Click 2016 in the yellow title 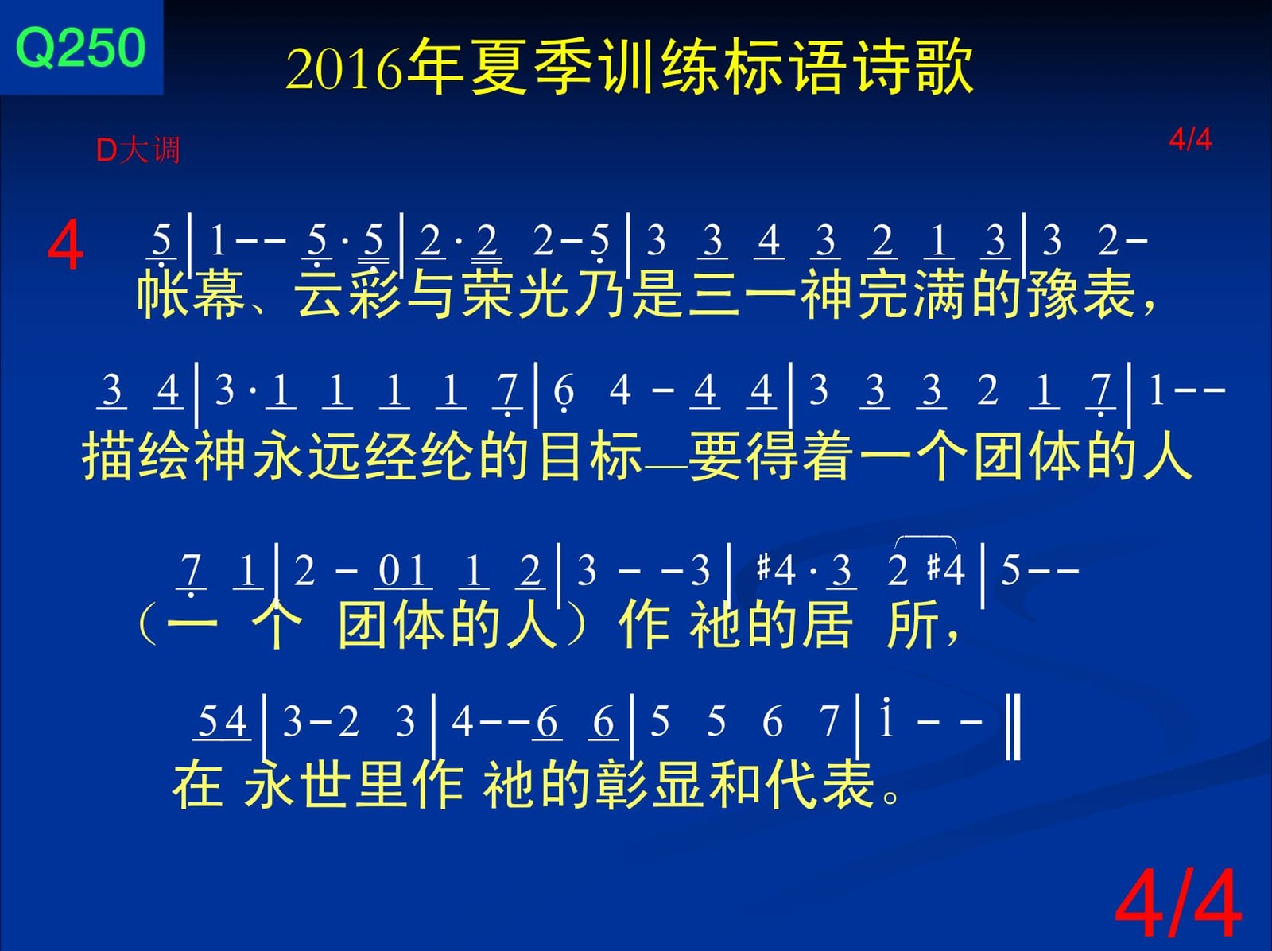tap(343, 69)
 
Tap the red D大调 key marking tap(138, 150)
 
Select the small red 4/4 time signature tap(1190, 140)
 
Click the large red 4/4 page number tap(1178, 903)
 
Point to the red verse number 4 tap(65, 246)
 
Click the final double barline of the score tap(1013, 728)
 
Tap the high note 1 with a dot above tap(886, 719)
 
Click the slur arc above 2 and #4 tap(925, 540)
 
